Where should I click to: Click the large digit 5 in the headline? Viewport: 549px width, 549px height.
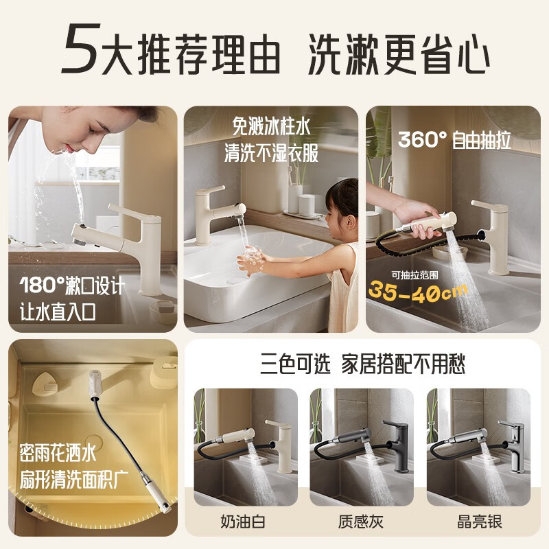coord(81,48)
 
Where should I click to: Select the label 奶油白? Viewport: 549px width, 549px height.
coord(243,522)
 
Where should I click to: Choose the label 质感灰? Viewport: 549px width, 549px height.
coord(361,522)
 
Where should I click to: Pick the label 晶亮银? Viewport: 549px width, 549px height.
coord(479,522)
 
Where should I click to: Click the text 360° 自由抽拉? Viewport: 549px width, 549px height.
coord(454,140)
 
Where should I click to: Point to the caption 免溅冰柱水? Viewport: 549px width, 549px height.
coord(271,126)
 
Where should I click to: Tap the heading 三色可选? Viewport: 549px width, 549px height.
coord(295,364)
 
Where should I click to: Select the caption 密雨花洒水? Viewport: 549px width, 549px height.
coord(58,453)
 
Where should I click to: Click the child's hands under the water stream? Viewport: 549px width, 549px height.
coord(250,260)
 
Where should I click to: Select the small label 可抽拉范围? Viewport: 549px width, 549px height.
coord(414,276)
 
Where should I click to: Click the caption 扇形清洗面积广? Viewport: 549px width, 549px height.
coord(74,479)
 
